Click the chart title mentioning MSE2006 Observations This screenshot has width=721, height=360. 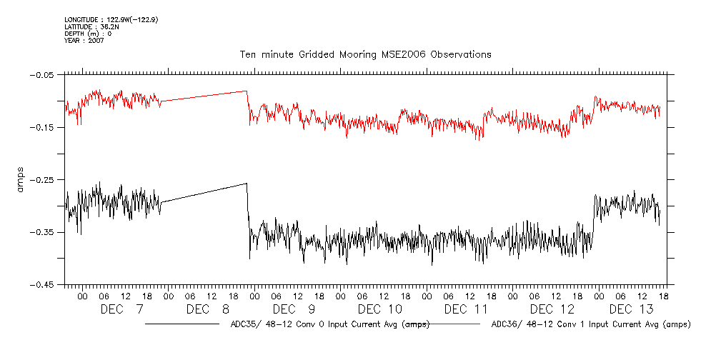(x=365, y=54)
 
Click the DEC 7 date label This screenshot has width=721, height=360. (x=121, y=309)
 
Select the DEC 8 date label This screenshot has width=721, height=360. (x=207, y=309)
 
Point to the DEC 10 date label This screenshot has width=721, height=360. (x=379, y=309)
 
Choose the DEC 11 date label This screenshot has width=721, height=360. (x=466, y=309)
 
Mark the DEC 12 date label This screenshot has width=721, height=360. (x=552, y=309)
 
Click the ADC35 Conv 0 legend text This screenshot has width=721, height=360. (x=330, y=324)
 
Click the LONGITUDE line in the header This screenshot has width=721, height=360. (x=111, y=19)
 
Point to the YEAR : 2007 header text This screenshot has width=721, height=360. (x=84, y=41)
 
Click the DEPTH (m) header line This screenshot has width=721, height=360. (x=88, y=34)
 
